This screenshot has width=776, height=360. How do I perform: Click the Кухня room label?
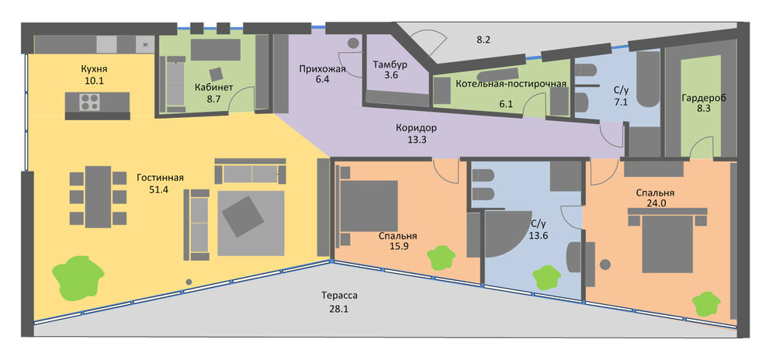click(94, 69)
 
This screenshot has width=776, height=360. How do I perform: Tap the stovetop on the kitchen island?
click(88, 102)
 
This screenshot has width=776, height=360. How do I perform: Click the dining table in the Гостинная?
click(98, 197)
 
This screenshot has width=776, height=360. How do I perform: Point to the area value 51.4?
click(159, 189)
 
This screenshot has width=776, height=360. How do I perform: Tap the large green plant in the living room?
click(78, 278)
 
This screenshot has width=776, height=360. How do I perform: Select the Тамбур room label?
click(390, 64)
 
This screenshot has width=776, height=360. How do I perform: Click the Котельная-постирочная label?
click(511, 83)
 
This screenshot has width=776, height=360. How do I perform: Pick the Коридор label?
click(416, 128)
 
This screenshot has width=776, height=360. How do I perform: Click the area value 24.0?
click(656, 202)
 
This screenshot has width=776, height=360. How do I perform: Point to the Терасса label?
click(339, 296)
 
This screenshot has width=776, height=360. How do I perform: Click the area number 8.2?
click(483, 40)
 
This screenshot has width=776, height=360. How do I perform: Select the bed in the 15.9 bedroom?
click(367, 206)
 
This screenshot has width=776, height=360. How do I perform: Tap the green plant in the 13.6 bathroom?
click(546, 278)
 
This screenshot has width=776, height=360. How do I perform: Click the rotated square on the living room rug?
click(243, 216)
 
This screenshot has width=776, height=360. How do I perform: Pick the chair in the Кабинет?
click(217, 74)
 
